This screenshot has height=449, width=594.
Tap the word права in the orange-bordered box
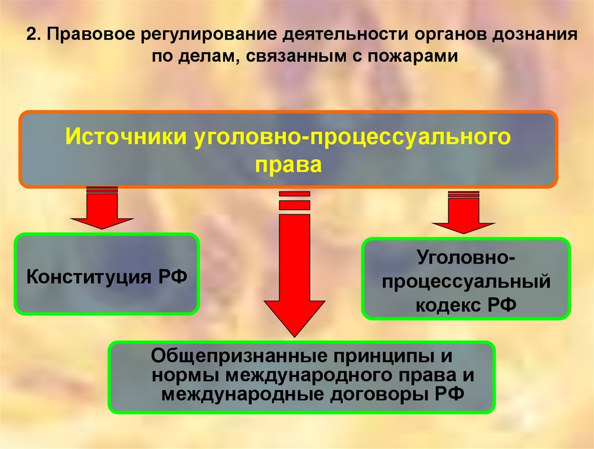(288, 165)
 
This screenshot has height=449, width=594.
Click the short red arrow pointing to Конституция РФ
(102, 210)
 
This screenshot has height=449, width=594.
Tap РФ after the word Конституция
(172, 274)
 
